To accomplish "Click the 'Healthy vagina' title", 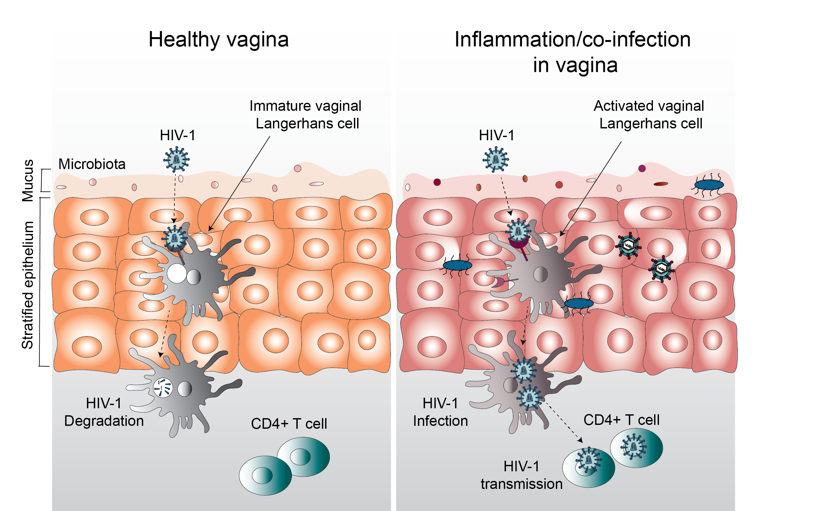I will click(x=218, y=40).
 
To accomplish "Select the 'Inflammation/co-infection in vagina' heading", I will click(x=572, y=52).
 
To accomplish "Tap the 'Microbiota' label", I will click(x=92, y=164).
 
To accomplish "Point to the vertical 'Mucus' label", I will click(x=28, y=181).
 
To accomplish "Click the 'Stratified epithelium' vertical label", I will click(x=28, y=285).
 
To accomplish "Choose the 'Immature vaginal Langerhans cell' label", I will click(x=305, y=115).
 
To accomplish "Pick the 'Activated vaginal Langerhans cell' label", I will click(x=649, y=115).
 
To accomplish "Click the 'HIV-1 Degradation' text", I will click(x=104, y=412).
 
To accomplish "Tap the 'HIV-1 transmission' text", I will click(x=521, y=475).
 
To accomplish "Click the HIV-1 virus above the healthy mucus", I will click(x=176, y=159).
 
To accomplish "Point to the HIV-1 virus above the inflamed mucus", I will click(x=495, y=159).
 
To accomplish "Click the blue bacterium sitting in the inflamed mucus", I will click(x=709, y=185).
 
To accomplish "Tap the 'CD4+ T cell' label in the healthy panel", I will click(x=289, y=424).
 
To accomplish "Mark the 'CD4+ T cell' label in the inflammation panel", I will click(x=621, y=420).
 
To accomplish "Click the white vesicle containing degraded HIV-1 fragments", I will click(x=163, y=388).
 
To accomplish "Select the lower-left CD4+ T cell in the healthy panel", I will click(x=265, y=475).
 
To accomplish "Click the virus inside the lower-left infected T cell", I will click(x=588, y=460).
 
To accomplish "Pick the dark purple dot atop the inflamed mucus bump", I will click(x=642, y=168).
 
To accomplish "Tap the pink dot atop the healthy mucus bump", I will click(x=297, y=168).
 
